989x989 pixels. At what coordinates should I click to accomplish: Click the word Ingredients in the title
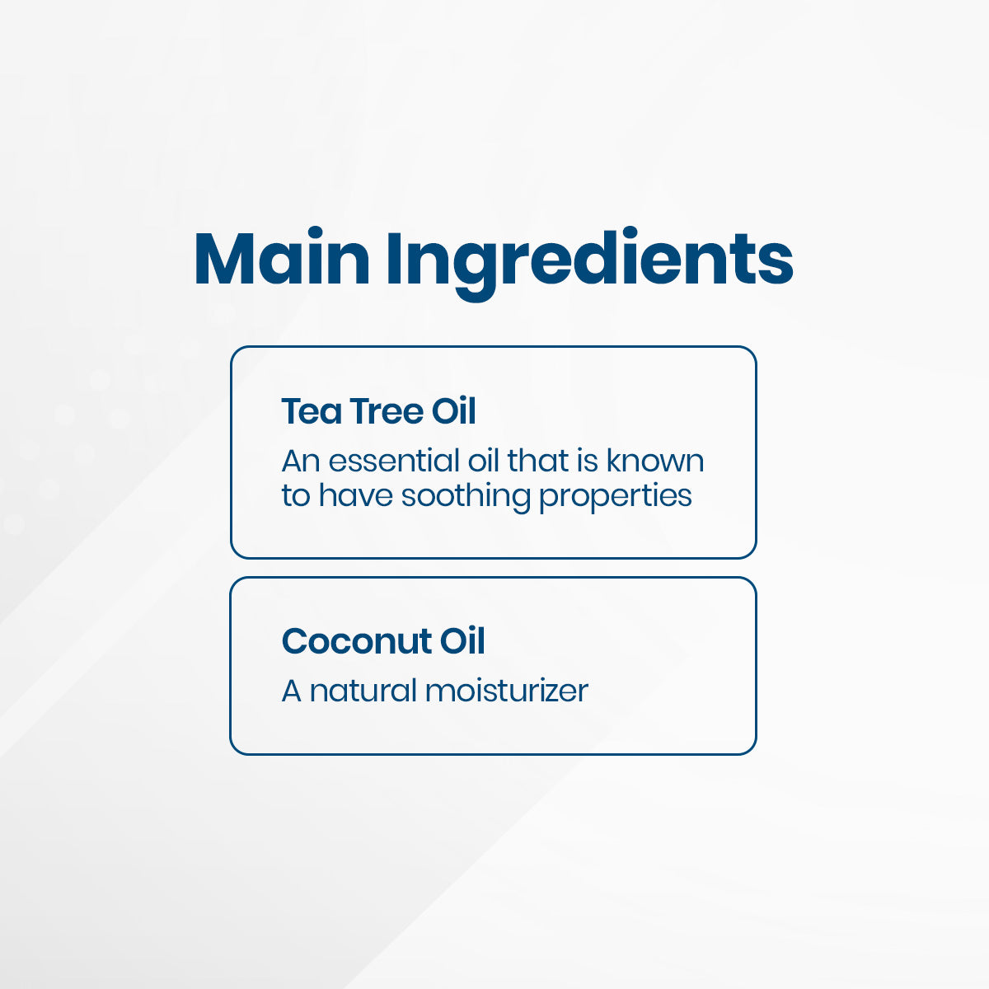pyautogui.click(x=590, y=263)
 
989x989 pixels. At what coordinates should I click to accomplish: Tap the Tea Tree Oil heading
pyautogui.click(x=379, y=411)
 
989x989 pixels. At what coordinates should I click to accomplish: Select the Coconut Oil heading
pyautogui.click(x=383, y=641)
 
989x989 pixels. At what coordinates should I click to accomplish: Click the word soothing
pyautogui.click(x=466, y=496)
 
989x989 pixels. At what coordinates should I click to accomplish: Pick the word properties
pyautogui.click(x=616, y=497)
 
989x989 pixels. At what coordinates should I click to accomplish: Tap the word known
pyautogui.click(x=655, y=461)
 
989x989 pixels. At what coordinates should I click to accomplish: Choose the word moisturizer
pyautogui.click(x=507, y=691)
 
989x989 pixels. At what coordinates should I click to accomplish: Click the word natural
pyautogui.click(x=363, y=691)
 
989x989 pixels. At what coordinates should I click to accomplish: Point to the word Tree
pyautogui.click(x=387, y=411)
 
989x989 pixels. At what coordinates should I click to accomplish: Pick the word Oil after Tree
pyautogui.click(x=453, y=411)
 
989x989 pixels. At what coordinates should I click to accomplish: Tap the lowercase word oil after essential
pyautogui.click(x=484, y=461)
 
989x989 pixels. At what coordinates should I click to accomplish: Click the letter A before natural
pyautogui.click(x=291, y=691)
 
